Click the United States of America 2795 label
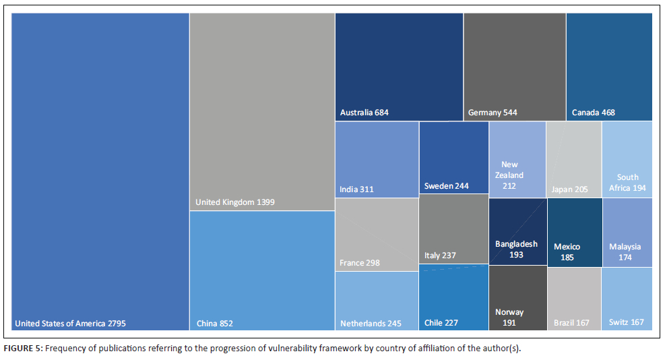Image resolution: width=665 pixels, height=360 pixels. point(70,323)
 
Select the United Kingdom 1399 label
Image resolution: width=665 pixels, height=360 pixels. point(234,202)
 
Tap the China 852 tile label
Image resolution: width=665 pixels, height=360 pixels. point(214,323)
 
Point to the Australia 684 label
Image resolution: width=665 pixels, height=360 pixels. point(365,113)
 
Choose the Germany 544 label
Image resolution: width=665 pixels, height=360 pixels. point(493,113)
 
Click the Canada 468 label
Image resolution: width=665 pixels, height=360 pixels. point(593,113)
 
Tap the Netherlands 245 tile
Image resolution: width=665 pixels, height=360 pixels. point(377,300)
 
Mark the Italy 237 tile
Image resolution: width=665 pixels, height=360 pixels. point(453,229)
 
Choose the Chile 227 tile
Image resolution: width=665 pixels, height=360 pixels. point(453,297)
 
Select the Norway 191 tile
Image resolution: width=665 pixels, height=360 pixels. point(517,297)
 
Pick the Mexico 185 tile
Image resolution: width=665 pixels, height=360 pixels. point(574,233)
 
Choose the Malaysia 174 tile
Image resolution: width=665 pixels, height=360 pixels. point(627,233)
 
